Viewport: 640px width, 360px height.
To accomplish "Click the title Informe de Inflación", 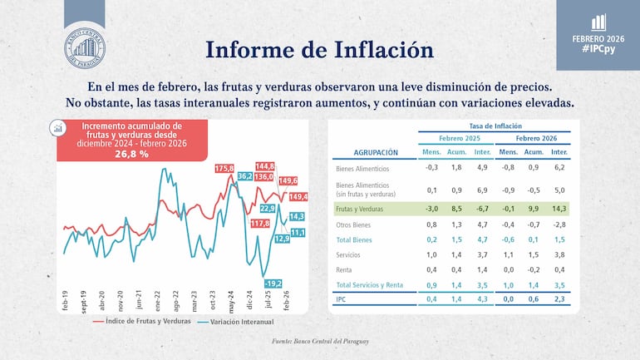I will [319, 49].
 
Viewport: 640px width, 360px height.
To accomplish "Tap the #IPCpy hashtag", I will [598, 50].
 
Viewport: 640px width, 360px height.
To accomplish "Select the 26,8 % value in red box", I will [131, 154].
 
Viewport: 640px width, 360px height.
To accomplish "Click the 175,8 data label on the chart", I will [224, 168].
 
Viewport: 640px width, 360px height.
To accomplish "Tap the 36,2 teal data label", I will [245, 176].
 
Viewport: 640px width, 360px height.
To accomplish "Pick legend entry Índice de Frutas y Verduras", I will [147, 320].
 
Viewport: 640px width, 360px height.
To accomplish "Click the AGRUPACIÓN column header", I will [364, 153].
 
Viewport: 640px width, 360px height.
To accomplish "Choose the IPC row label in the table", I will [339, 298].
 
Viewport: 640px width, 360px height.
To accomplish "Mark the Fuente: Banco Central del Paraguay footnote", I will [320, 342].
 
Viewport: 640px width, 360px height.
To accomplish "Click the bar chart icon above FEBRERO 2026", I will [598, 22].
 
